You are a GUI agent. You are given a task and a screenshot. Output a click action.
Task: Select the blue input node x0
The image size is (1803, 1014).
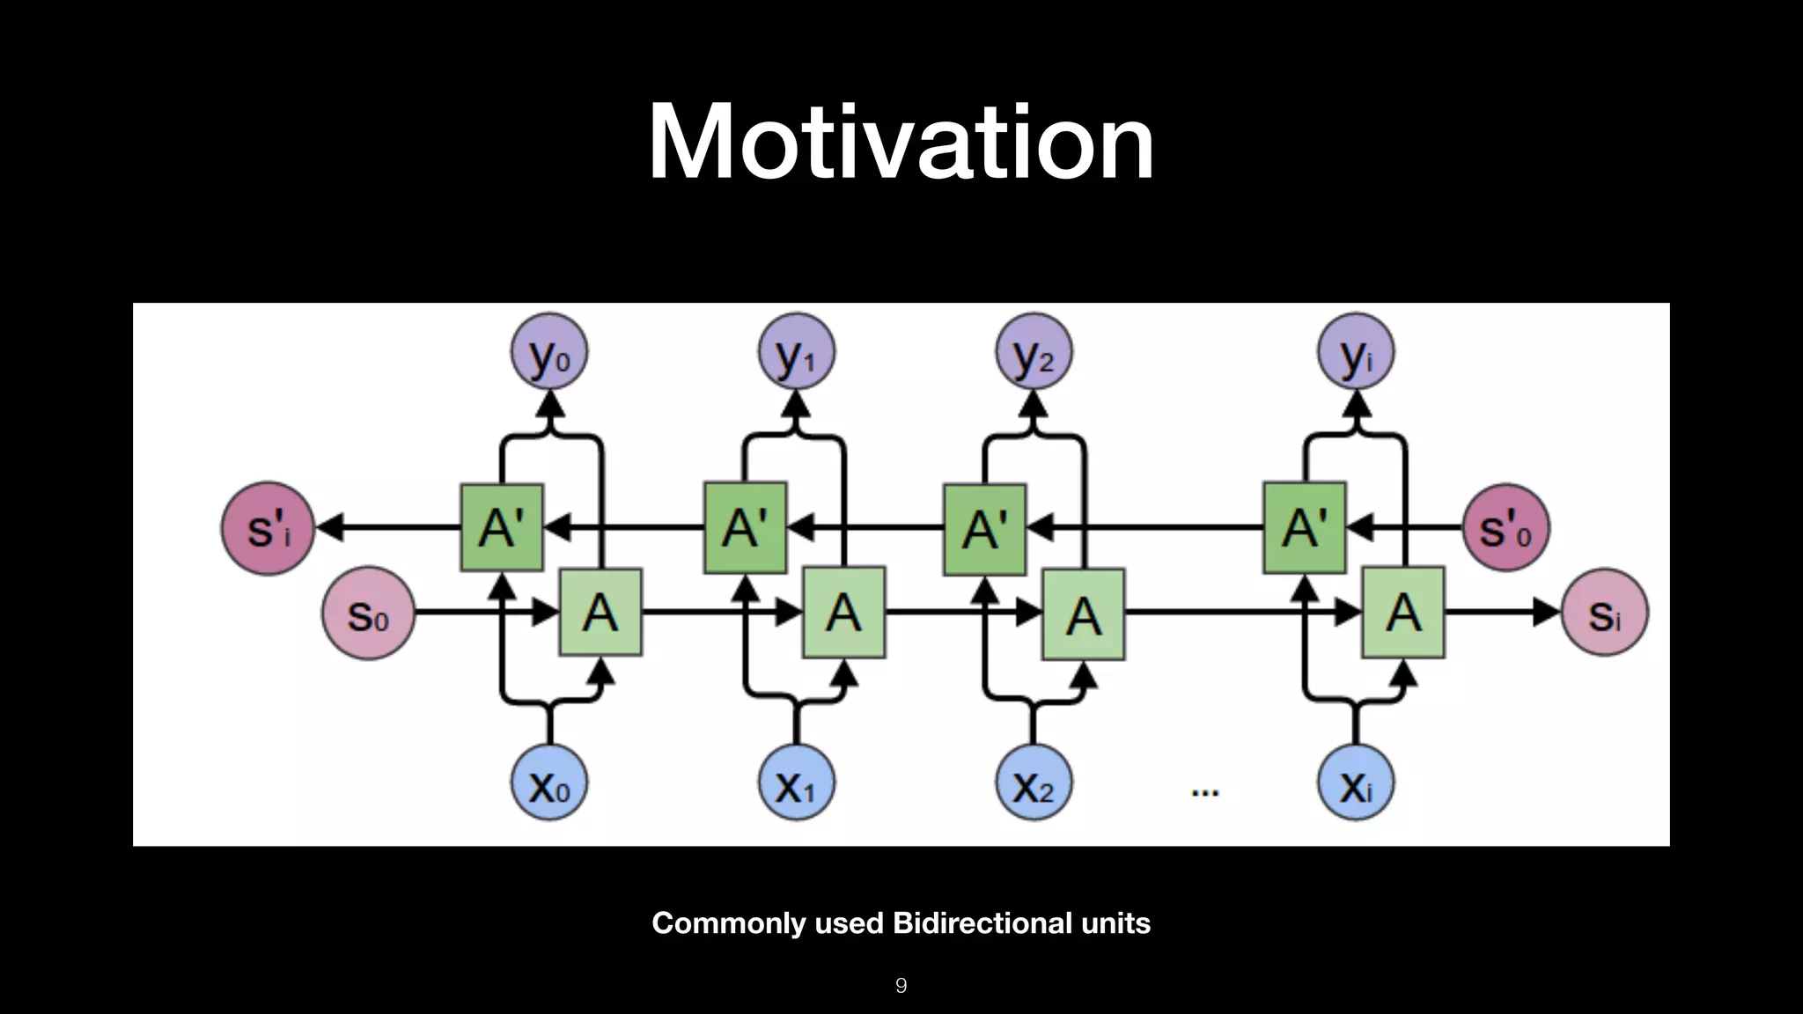[549, 783]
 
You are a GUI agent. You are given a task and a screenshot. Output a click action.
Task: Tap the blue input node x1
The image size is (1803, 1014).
[797, 783]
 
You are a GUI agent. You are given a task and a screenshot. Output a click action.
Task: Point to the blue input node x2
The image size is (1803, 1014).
[1034, 783]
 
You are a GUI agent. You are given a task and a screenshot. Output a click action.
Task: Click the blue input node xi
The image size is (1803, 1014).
[1356, 783]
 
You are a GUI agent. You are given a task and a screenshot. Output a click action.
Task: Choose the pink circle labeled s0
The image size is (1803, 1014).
[368, 614]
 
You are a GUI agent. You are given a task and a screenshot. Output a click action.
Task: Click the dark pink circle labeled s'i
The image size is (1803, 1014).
[269, 528]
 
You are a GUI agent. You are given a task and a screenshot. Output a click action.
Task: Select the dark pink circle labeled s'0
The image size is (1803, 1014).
[1505, 528]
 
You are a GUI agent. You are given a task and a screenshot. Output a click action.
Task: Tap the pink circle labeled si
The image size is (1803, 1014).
[1604, 614]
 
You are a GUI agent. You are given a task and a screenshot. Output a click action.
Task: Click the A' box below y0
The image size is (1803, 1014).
[502, 528]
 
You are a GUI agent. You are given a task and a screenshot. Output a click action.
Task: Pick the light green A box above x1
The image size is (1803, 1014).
[843, 613]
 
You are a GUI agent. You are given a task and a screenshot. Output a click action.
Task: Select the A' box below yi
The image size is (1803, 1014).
[1304, 528]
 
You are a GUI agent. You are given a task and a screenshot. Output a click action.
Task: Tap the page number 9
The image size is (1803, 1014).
[901, 986]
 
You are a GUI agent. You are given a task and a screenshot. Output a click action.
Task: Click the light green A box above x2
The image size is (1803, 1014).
[1083, 614]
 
